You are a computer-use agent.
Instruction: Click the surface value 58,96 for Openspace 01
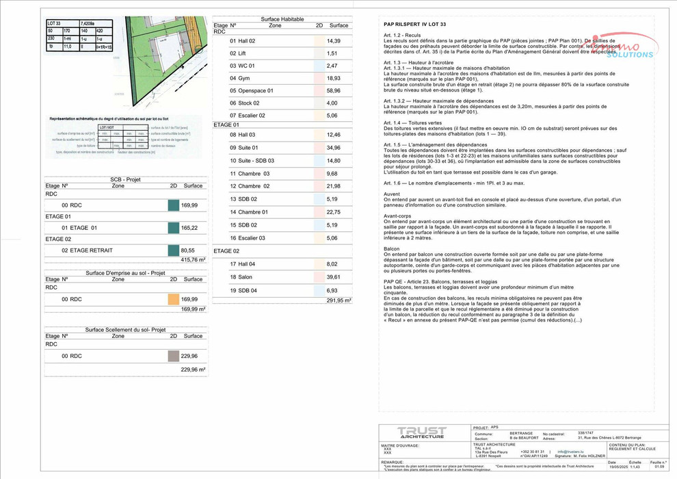click(333, 90)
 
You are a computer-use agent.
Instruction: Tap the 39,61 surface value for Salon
click(333, 277)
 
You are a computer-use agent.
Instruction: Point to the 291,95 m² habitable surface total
click(338, 300)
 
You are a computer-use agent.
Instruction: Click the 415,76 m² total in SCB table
click(193, 260)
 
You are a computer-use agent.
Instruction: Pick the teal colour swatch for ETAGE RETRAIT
click(173, 250)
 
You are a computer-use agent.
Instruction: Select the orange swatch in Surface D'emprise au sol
click(173, 299)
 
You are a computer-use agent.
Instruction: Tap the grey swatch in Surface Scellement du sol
click(173, 356)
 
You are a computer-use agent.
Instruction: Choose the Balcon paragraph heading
click(392, 248)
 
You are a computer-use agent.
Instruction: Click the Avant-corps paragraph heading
click(397, 216)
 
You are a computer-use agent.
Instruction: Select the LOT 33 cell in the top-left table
click(55, 23)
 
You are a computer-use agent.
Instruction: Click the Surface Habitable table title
click(282, 19)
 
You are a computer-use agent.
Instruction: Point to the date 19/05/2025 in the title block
click(618, 467)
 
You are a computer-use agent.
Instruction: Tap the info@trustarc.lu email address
click(570, 452)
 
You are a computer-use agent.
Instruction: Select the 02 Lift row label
click(237, 53)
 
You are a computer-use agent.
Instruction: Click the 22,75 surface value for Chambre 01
click(333, 212)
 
